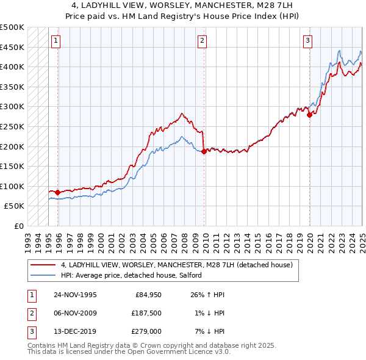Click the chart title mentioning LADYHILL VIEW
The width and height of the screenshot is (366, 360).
(183, 5)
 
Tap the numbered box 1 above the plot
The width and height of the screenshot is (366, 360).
(56, 41)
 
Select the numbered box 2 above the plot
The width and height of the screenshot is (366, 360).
(202, 41)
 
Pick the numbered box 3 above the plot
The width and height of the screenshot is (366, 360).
(308, 41)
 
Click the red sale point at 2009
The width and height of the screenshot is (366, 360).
(204, 151)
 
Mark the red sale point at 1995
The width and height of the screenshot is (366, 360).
(58, 192)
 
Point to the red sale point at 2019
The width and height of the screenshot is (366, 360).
(310, 115)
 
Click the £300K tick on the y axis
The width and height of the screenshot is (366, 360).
(13, 107)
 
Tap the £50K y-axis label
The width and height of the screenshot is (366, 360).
(15, 206)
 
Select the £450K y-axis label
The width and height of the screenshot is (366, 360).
(13, 47)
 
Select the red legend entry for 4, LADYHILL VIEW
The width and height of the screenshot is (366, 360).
(177, 265)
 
